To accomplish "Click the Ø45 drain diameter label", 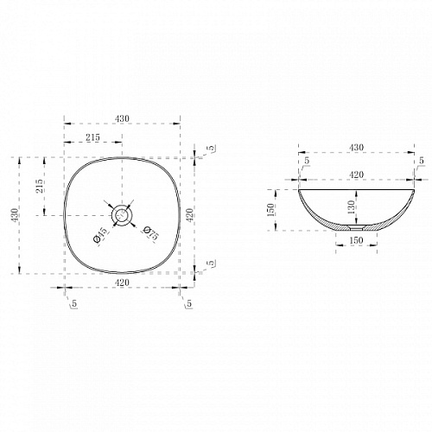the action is [x=100, y=235].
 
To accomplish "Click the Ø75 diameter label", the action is [x=151, y=232].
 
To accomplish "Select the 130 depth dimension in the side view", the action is [x=351, y=207].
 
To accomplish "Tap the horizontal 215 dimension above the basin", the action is [x=92, y=137].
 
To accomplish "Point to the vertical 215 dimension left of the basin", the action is [x=39, y=186].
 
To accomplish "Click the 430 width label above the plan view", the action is [x=122, y=118].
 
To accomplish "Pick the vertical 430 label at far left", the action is [x=15, y=215].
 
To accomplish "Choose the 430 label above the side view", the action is [x=356, y=147].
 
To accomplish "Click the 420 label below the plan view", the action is [x=122, y=283].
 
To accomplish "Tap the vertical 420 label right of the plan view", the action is [x=189, y=215].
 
